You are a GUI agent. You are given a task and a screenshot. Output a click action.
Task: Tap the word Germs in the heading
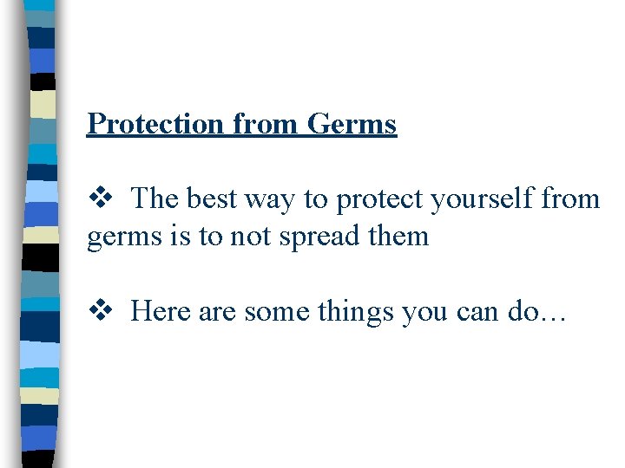351,124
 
